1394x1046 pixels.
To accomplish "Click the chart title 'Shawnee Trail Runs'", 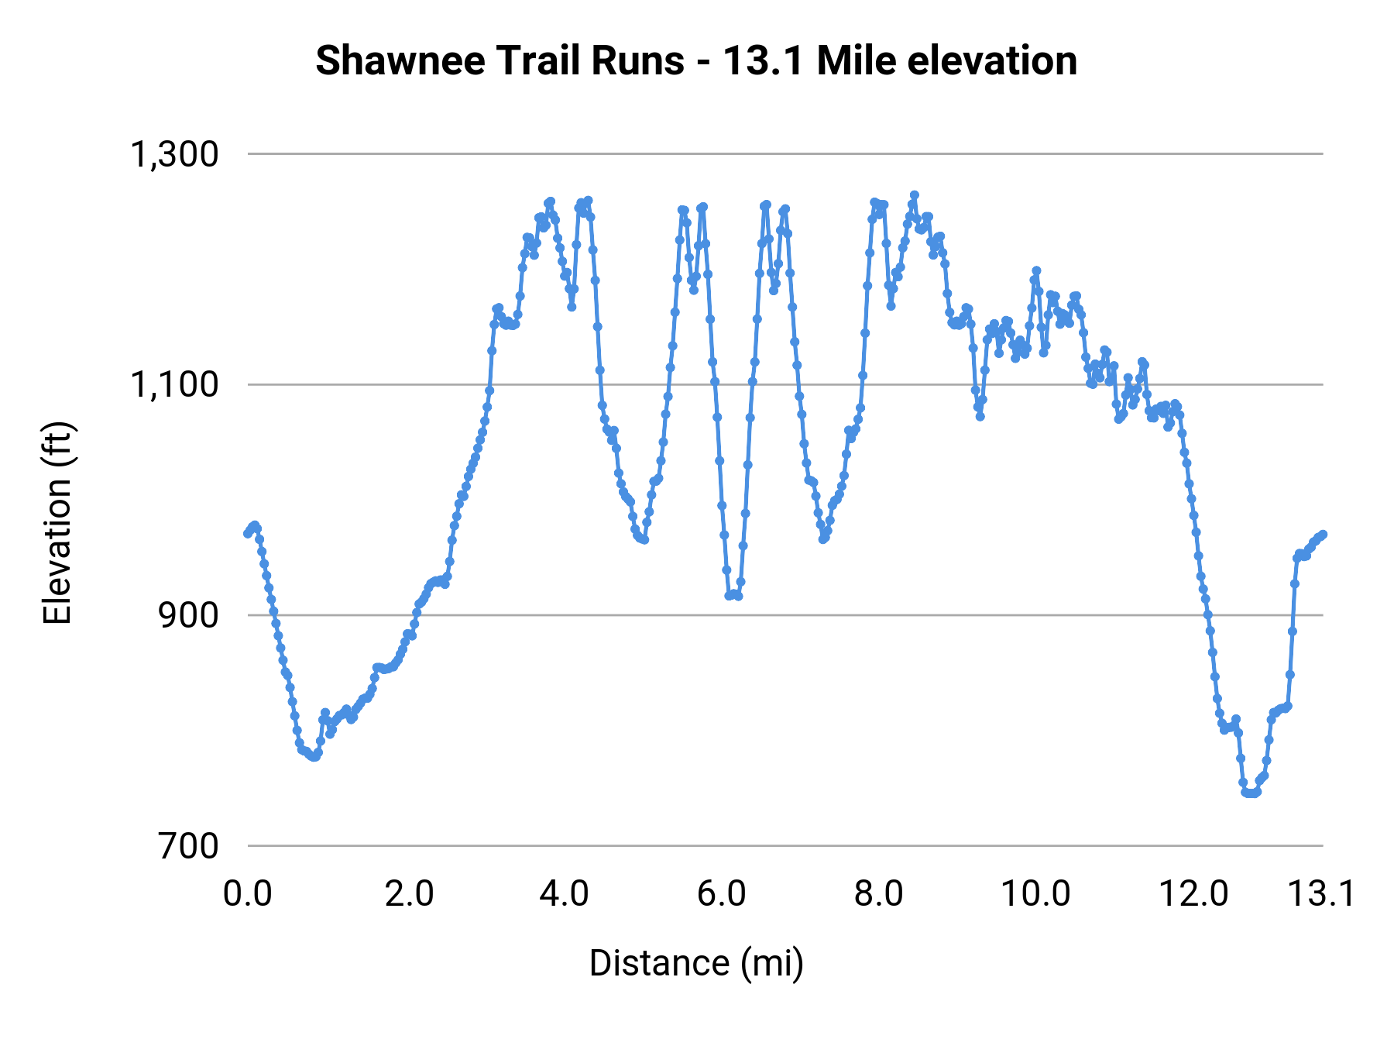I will [500, 60].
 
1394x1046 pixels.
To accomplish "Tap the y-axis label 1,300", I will [175, 154].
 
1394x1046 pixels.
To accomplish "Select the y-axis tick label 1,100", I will [175, 384].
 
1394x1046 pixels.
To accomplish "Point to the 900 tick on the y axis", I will [189, 615].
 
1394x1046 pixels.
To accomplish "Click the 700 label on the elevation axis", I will [189, 845].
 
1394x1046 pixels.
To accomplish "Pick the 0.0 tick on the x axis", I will [248, 894].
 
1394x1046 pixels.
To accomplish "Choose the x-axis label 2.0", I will [409, 894].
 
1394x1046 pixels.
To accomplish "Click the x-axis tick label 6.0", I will [722, 894].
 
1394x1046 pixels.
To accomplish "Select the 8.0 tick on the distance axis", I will [879, 894].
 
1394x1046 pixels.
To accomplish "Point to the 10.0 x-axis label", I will [1036, 894].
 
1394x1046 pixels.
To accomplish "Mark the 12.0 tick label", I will [1193, 894].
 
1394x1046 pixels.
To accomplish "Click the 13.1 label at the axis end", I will [1321, 894].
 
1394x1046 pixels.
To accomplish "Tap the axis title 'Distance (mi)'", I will [696, 963].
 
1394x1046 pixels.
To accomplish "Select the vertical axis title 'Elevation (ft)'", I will [57, 523].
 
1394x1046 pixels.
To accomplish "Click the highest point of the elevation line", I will [914, 195].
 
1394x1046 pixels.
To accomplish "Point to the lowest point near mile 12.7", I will [1250, 793].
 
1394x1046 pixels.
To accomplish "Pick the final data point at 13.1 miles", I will [1323, 534].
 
